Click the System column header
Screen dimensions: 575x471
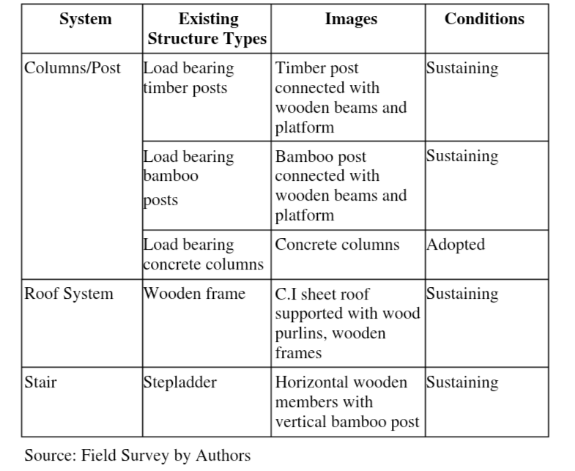pyautogui.click(x=86, y=19)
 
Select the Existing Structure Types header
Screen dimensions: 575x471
pyautogui.click(x=207, y=29)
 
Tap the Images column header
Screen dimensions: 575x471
pyautogui.click(x=351, y=19)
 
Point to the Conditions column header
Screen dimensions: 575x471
pyautogui.click(x=484, y=19)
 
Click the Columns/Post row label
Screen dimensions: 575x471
pyautogui.click(x=73, y=68)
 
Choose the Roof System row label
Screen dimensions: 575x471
pyautogui.click(x=69, y=294)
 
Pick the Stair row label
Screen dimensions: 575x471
pyautogui.click(x=40, y=382)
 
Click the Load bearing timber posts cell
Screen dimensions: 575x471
pyautogui.click(x=188, y=78)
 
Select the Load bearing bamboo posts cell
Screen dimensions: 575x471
pyautogui.click(x=188, y=178)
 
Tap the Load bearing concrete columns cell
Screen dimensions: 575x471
pyautogui.click(x=203, y=254)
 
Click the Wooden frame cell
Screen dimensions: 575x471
pyautogui.click(x=194, y=294)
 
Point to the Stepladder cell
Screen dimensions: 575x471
pyautogui.click(x=179, y=382)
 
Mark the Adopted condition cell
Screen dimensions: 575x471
pyautogui.click(x=456, y=245)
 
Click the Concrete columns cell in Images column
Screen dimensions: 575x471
pyautogui.click(x=337, y=245)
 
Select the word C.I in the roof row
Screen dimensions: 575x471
pyautogui.click(x=286, y=294)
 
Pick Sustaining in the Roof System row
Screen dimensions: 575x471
pyautogui.click(x=462, y=294)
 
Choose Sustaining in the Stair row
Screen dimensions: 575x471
pyautogui.click(x=462, y=382)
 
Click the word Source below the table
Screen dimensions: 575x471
pyautogui.click(x=51, y=455)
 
